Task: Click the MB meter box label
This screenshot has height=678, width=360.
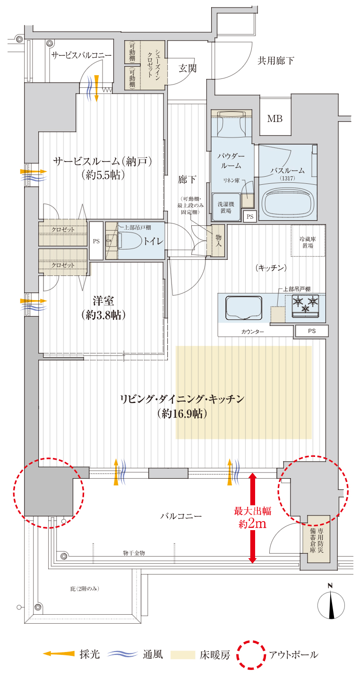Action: [x=274, y=119]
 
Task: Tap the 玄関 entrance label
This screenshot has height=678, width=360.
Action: [x=188, y=69]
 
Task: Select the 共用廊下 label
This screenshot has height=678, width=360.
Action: [x=275, y=61]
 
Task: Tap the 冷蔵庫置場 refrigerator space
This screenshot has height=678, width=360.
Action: [x=308, y=240]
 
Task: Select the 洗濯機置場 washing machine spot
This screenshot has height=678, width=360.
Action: [x=226, y=207]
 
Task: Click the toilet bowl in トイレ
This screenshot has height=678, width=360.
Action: [x=129, y=241]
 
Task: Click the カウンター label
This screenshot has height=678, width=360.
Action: [x=252, y=332]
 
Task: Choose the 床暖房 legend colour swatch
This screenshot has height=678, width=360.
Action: [x=183, y=655]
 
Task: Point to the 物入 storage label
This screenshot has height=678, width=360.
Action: [x=218, y=240]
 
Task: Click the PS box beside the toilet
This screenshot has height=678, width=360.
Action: [x=96, y=241]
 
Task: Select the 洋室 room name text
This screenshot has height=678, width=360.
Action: [x=103, y=301]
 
